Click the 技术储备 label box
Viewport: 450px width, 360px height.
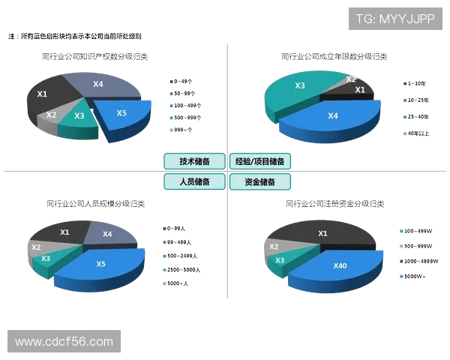pyautogui.click(x=194, y=161)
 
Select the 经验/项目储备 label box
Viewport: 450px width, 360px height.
pyautogui.click(x=259, y=161)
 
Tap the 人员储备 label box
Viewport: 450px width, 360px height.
pyautogui.click(x=194, y=181)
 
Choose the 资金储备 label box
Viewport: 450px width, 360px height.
pyautogui.click(x=259, y=181)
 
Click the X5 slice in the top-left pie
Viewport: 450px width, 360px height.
pyautogui.click(x=122, y=114)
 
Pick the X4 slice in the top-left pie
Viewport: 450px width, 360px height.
pyautogui.click(x=100, y=85)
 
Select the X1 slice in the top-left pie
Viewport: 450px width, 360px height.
pyautogui.click(x=45, y=94)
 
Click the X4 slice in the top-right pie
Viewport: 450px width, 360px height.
pyautogui.click(x=334, y=116)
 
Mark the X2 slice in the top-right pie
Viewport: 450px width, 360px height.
pyautogui.click(x=350, y=79)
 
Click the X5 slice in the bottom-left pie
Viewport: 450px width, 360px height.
pyautogui.click(x=101, y=264)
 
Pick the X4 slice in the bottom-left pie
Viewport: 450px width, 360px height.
pyautogui.click(x=107, y=235)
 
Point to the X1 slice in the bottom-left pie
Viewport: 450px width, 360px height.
pyautogui.click(x=65, y=233)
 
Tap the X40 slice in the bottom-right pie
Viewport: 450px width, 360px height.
pyautogui.click(x=340, y=266)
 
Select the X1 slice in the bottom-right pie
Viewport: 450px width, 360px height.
pyautogui.click(x=323, y=234)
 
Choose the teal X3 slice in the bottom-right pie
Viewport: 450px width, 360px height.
pyautogui.click(x=280, y=261)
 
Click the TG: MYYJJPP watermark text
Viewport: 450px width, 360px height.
pyautogui.click(x=395, y=19)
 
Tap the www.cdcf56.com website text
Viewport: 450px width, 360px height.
pyautogui.click(x=64, y=342)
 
